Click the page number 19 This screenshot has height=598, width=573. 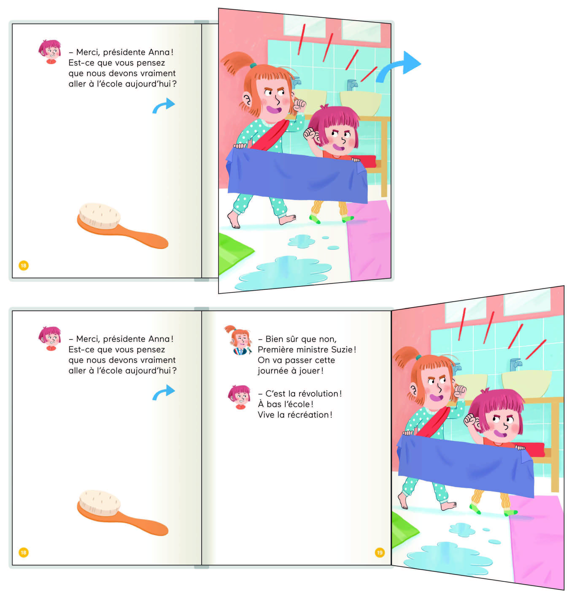(379, 552)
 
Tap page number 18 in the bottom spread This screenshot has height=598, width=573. (23, 552)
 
